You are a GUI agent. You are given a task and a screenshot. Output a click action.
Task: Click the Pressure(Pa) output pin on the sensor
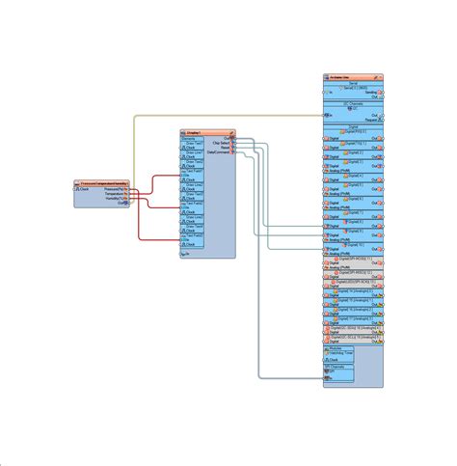125,189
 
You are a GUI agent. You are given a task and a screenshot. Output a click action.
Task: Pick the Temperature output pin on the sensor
125,194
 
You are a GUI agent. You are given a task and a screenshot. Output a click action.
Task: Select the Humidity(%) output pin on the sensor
125,199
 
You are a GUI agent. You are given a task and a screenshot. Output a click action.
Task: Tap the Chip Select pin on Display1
231,143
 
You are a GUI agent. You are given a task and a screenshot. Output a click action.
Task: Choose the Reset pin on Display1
231,148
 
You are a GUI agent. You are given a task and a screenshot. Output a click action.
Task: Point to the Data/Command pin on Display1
231,152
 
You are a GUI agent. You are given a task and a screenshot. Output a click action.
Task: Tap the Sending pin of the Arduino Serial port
379,93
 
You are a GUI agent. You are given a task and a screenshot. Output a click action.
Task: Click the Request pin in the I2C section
379,118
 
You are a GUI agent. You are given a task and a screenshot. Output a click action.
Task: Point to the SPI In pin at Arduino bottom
327,377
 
